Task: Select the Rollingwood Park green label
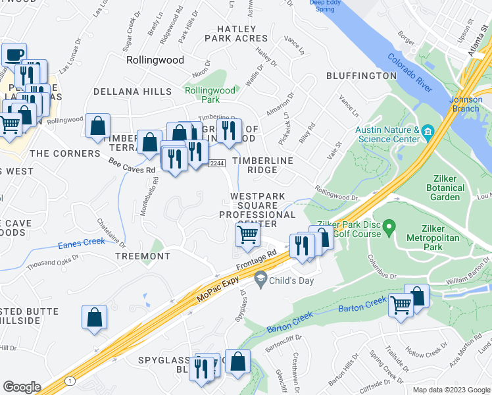210,95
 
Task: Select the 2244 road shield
218,163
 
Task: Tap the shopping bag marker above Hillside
95,317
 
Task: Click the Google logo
22,387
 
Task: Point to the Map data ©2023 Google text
451,390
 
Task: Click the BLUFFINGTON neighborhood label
361,76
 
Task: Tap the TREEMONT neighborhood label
143,256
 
